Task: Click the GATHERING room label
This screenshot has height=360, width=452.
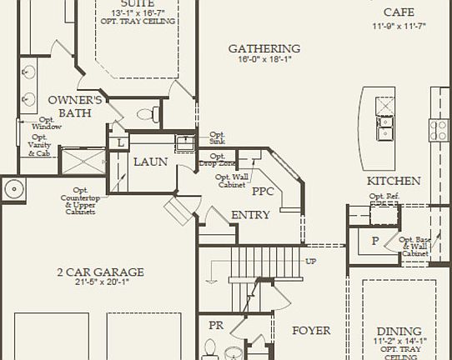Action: point(264,49)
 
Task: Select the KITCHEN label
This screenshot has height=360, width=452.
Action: point(394,181)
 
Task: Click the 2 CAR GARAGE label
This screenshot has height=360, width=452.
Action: point(100,272)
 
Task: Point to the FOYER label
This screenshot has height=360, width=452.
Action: point(311,330)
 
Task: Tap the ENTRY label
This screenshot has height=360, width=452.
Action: point(250,215)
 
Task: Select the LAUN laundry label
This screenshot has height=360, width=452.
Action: point(151,162)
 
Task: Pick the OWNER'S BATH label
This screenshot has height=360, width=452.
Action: point(74,107)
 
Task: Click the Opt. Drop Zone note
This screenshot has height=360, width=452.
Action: point(218,159)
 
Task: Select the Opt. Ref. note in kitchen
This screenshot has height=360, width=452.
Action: point(383,197)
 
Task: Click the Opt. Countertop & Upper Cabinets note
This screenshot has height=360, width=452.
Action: point(80,201)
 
